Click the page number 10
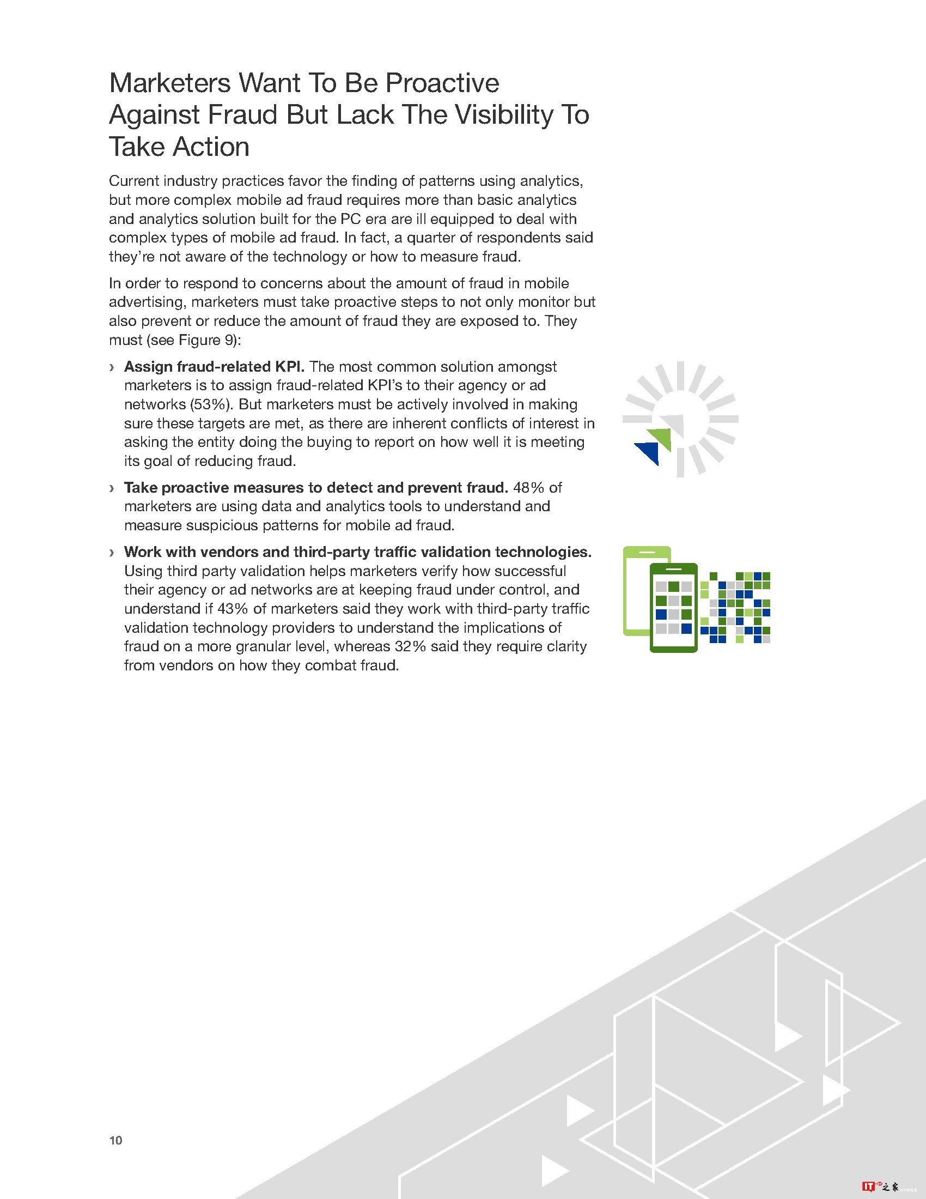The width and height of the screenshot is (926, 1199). [115, 1140]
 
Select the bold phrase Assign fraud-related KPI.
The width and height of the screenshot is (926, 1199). [214, 367]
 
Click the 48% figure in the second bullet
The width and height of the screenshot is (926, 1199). [529, 488]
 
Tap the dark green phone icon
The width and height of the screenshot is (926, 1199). [673, 608]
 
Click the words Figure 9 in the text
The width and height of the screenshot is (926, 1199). [208, 341]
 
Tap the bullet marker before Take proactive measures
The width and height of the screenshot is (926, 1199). [112, 488]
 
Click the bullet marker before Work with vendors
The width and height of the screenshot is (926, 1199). [112, 552]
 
